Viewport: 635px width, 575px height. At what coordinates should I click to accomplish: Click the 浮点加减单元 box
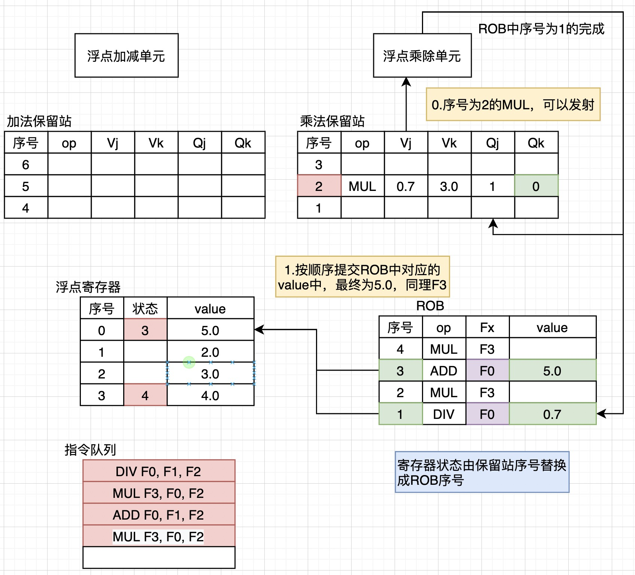tap(126, 55)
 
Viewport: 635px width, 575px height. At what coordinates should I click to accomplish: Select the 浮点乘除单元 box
tap(422, 55)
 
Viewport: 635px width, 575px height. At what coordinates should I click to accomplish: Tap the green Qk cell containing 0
tap(536, 186)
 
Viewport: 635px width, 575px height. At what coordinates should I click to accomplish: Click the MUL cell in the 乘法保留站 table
tap(362, 186)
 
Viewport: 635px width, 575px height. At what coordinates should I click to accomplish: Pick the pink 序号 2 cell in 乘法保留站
tap(319, 186)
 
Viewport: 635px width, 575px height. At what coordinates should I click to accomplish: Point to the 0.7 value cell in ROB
tap(552, 414)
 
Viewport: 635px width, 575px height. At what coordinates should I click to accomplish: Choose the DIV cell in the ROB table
tap(444, 414)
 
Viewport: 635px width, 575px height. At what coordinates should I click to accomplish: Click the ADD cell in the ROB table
tap(444, 371)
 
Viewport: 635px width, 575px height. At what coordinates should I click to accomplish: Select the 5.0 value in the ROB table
tap(552, 371)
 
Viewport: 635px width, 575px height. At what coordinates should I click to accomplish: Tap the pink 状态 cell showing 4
tap(145, 395)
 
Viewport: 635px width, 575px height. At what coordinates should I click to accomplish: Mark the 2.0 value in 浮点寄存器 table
tap(210, 352)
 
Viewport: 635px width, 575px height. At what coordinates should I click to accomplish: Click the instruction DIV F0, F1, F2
tap(159, 471)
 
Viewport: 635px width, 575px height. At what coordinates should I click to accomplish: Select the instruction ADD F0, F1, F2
tap(159, 515)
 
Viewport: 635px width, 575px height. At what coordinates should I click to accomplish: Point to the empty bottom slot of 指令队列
tap(159, 557)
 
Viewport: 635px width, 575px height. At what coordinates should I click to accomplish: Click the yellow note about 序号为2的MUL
tap(513, 104)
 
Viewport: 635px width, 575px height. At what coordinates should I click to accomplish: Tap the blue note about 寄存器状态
tap(482, 472)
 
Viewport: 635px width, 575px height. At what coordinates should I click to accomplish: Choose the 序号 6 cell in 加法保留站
tap(25, 164)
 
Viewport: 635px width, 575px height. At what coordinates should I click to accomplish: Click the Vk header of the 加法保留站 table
tap(156, 143)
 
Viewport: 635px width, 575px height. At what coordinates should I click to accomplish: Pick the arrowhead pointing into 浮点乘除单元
tap(406, 82)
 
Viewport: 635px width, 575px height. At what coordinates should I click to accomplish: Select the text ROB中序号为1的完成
tap(541, 29)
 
